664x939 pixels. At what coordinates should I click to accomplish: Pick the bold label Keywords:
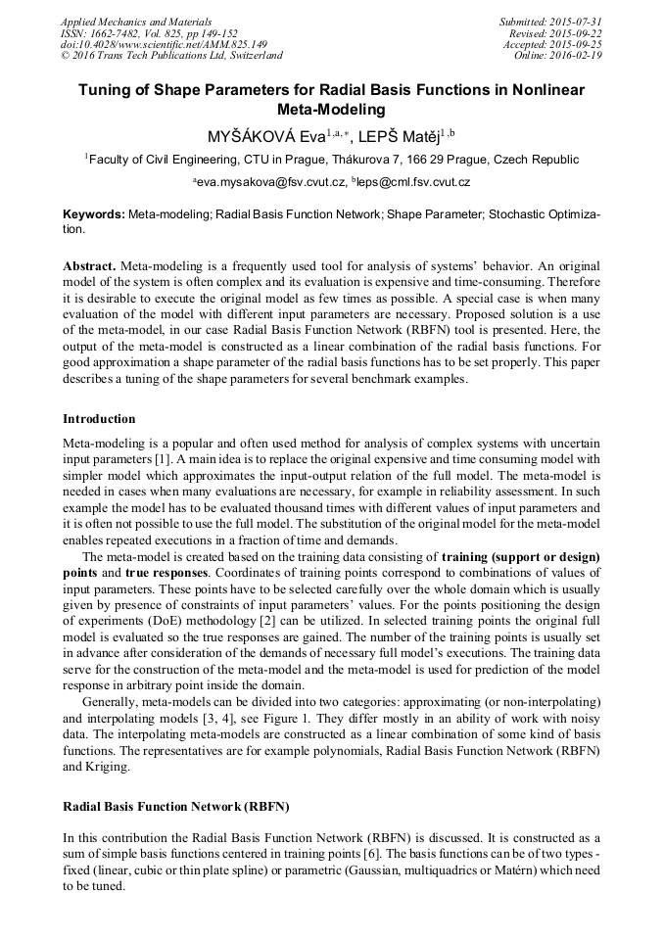coord(94,212)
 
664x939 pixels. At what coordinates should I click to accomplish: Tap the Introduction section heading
coord(99,419)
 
